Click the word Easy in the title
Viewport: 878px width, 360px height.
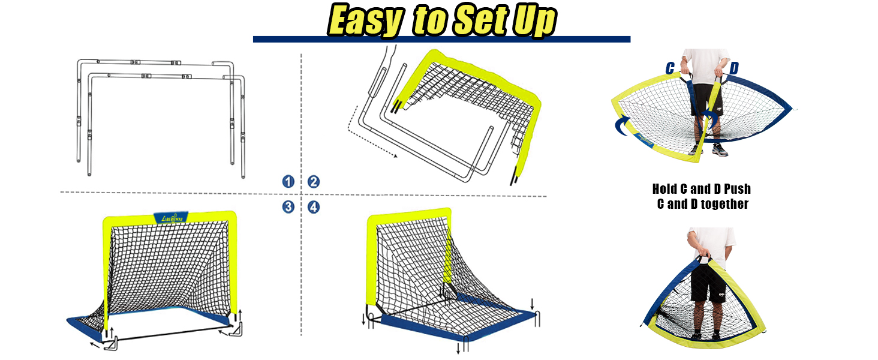tap(364, 22)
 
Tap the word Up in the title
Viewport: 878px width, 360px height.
tap(534, 22)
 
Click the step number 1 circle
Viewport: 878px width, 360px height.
tap(289, 182)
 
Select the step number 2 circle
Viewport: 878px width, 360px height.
tap(314, 182)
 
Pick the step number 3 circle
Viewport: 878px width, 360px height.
tap(289, 207)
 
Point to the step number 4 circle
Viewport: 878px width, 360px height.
tap(314, 207)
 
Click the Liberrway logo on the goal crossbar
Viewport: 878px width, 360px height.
tap(172, 218)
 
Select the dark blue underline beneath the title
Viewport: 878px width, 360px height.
tap(441, 39)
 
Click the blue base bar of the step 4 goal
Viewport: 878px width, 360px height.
tap(456, 327)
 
